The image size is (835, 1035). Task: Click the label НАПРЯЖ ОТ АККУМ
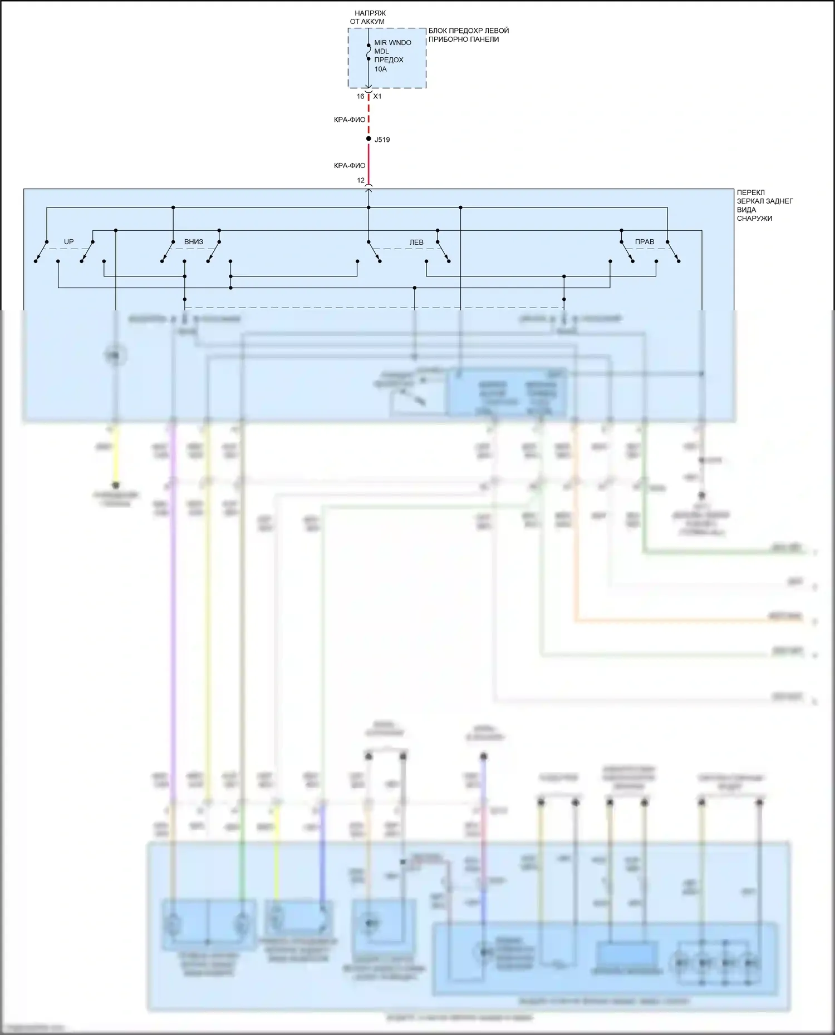(x=369, y=17)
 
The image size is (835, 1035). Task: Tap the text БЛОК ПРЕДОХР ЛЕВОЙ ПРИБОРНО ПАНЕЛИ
(x=468, y=35)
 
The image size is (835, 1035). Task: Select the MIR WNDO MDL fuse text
(x=392, y=47)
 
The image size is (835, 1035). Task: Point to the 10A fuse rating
(x=380, y=70)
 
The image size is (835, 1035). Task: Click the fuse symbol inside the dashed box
(x=369, y=52)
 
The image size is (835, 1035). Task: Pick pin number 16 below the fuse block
(x=360, y=97)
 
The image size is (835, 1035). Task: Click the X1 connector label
(x=377, y=97)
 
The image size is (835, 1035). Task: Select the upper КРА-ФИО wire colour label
(x=350, y=120)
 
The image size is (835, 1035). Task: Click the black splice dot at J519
(x=369, y=138)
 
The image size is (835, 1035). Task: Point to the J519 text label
(x=382, y=140)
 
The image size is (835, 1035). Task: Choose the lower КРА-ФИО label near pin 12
(x=350, y=166)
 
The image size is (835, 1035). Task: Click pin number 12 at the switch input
(x=361, y=181)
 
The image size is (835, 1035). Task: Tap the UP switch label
(x=68, y=242)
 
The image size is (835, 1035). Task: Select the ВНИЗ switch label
(x=194, y=242)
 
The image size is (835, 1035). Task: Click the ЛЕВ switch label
(x=416, y=242)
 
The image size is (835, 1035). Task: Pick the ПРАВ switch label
(x=645, y=242)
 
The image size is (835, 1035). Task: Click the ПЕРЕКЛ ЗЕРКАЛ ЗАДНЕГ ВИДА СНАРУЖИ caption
(x=764, y=205)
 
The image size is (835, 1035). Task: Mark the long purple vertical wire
(x=173, y=612)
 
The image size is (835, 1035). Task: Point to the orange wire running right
(x=668, y=620)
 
